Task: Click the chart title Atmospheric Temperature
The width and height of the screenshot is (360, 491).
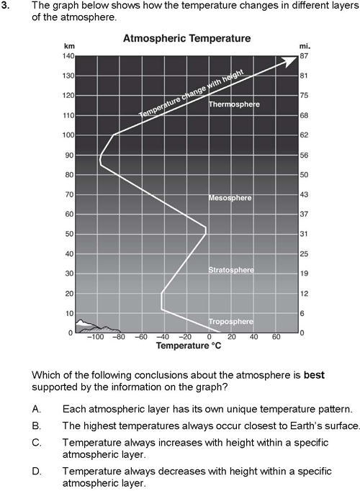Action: point(187,38)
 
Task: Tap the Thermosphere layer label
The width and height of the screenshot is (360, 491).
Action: point(234,104)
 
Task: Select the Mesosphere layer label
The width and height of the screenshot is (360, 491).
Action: point(230,198)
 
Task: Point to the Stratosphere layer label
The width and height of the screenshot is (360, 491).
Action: point(231,270)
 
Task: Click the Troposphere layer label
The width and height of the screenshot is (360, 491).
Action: point(231,322)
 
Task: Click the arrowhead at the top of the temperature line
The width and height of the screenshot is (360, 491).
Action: point(290,60)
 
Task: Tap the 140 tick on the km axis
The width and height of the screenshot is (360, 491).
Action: point(68,56)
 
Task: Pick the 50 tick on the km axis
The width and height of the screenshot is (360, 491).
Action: point(70,234)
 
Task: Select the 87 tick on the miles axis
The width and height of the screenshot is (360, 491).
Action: point(305,56)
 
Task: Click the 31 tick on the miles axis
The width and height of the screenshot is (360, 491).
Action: point(304,234)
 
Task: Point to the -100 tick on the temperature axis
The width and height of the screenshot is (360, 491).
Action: point(96,337)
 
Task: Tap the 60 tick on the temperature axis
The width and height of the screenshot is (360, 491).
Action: point(276,337)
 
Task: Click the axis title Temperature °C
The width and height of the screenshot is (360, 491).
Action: point(189,346)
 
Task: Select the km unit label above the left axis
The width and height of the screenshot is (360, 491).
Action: point(69,46)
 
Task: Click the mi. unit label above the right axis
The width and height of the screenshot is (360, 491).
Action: point(305,46)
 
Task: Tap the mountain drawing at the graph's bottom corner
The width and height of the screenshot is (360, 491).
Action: point(97,326)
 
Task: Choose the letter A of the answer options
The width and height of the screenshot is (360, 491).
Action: point(36,409)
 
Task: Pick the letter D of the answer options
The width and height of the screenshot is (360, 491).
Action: point(36,471)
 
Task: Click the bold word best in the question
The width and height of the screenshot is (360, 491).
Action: point(314,375)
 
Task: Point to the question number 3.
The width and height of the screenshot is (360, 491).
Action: point(4,5)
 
